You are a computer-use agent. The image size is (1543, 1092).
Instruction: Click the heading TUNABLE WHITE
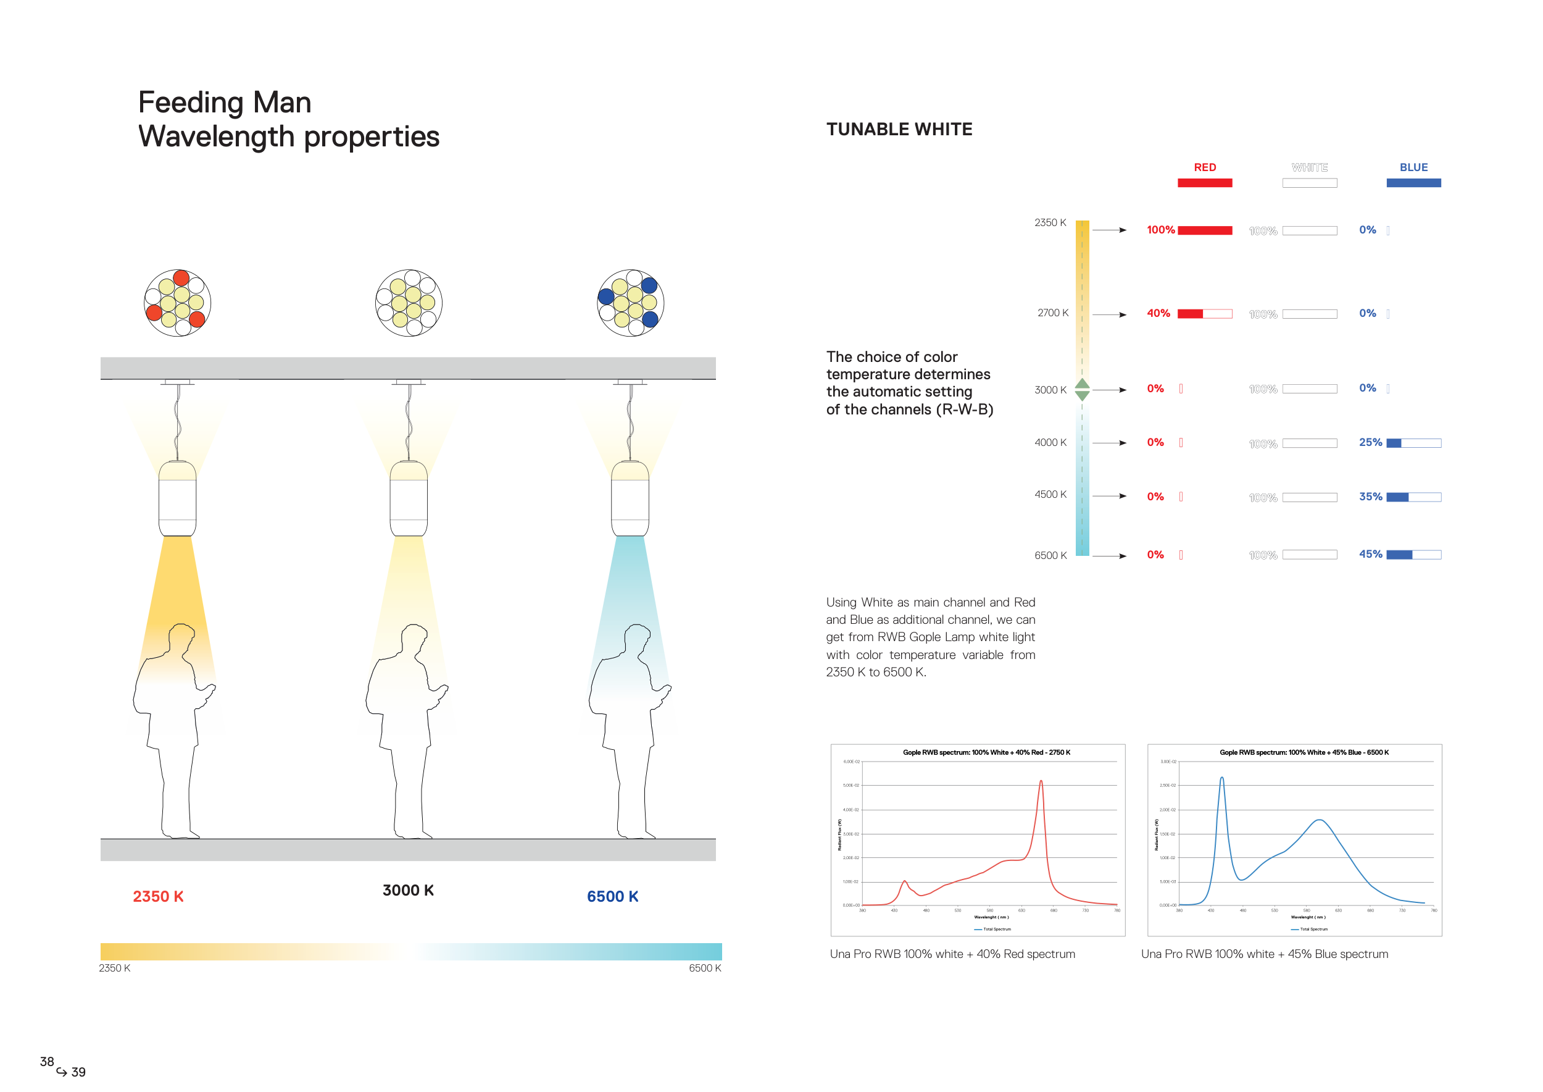coord(899,129)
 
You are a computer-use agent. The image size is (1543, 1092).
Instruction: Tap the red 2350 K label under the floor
coord(158,896)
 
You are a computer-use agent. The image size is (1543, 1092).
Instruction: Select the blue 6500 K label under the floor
coord(612,896)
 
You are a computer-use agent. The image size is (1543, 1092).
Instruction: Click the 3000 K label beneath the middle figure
coord(408,890)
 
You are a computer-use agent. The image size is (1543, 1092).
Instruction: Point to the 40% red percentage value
coord(1158,313)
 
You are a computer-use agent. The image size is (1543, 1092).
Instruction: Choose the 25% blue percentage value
coord(1370,442)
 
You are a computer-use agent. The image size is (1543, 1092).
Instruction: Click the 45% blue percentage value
coord(1370,554)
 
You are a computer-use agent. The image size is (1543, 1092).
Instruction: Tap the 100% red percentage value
coord(1160,230)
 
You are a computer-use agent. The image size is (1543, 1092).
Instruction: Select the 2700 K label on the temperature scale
coord(1052,313)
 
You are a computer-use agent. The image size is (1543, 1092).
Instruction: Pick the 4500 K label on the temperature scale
coord(1050,494)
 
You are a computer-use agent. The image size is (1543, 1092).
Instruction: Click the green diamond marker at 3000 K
coord(1082,389)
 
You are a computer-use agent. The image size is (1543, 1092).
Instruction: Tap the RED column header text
coord(1205,167)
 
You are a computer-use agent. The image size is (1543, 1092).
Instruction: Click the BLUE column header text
coord(1413,167)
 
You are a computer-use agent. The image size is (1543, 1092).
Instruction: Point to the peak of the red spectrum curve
coord(1041,781)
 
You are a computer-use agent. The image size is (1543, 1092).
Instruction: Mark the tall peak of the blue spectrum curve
coord(1222,779)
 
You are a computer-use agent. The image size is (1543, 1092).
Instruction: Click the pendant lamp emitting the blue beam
coord(630,498)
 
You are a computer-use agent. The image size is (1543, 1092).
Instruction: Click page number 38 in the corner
coord(47,1061)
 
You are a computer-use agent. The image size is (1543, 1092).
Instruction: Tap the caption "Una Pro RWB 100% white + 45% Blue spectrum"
coord(1264,954)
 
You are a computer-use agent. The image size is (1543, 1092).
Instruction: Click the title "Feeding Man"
coord(225,103)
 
